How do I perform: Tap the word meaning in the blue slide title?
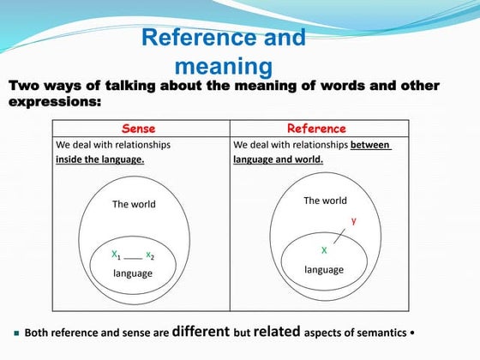click(224, 65)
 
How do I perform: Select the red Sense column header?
click(139, 129)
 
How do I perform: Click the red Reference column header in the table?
click(316, 129)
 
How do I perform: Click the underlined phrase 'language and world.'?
click(278, 159)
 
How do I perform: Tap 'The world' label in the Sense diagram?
click(134, 204)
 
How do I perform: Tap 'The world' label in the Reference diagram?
click(325, 201)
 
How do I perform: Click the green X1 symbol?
click(116, 255)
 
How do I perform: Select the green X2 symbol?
click(150, 255)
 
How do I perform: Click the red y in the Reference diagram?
click(353, 220)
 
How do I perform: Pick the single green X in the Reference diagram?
click(324, 250)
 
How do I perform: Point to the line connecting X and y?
click(339, 237)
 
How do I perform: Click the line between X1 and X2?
click(133, 257)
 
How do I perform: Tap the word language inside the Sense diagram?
click(133, 273)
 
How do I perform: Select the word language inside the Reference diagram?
click(324, 269)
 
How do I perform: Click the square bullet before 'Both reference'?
click(15, 333)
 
